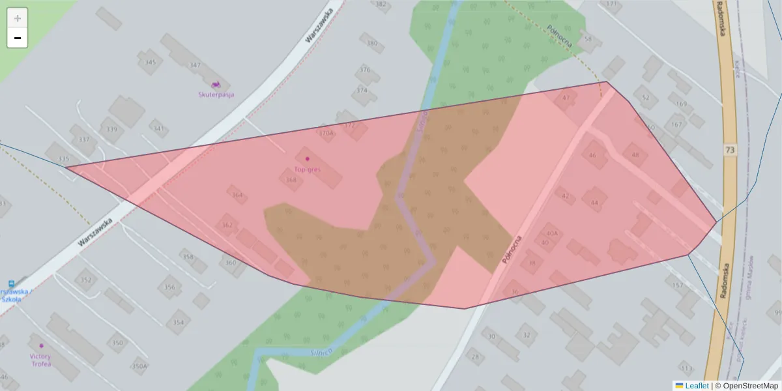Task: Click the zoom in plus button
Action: pyautogui.click(x=18, y=18)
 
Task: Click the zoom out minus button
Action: pyautogui.click(x=18, y=38)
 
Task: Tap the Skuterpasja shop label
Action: pyautogui.click(x=216, y=94)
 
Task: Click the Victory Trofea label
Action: pyautogui.click(x=40, y=360)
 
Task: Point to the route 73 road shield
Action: pyautogui.click(x=731, y=151)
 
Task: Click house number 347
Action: pyautogui.click(x=195, y=65)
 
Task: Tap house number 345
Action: pyautogui.click(x=151, y=63)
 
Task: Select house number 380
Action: pyautogui.click(x=372, y=44)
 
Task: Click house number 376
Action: pyautogui.click(x=365, y=70)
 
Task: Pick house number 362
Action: pyautogui.click(x=227, y=225)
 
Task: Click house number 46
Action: pyautogui.click(x=592, y=155)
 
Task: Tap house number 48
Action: pyautogui.click(x=635, y=155)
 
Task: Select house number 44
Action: pyautogui.click(x=594, y=203)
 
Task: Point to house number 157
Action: pyautogui.click(x=678, y=285)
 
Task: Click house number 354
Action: pyautogui.click(x=178, y=323)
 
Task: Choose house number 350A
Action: pyautogui.click(x=139, y=366)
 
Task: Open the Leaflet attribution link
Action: pyautogui.click(x=696, y=386)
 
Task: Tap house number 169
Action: pyautogui.click(x=682, y=104)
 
